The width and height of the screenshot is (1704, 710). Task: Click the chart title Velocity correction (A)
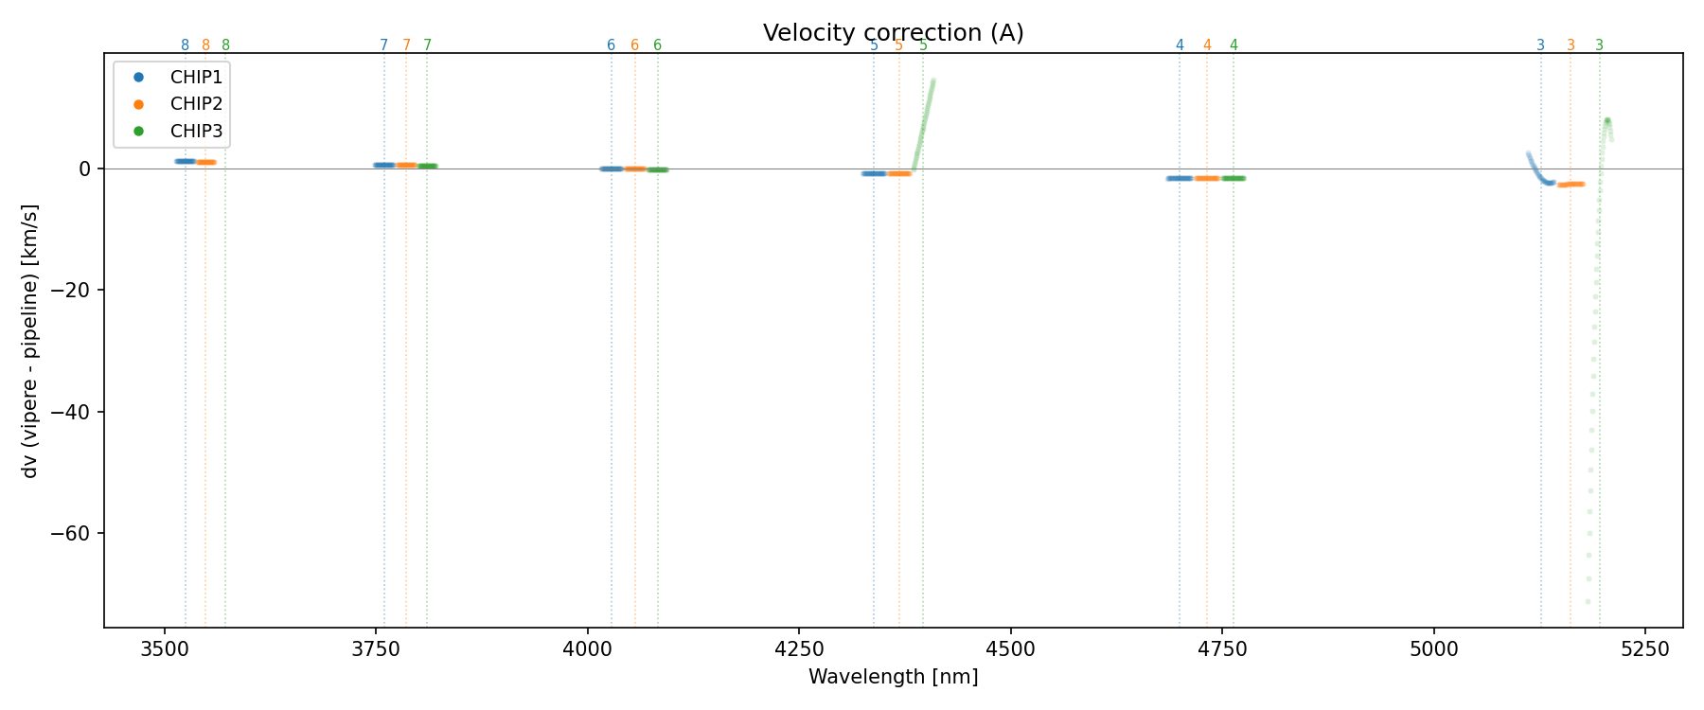pyautogui.click(x=893, y=33)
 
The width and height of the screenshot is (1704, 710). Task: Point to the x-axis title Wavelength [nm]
pyautogui.click(x=893, y=677)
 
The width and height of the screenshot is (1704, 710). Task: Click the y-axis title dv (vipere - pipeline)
pyautogui.click(x=30, y=341)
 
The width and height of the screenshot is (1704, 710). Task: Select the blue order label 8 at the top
pyautogui.click(x=185, y=45)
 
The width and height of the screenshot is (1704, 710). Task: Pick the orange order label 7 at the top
pyautogui.click(x=406, y=45)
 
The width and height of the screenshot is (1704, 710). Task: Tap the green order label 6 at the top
pyautogui.click(x=658, y=45)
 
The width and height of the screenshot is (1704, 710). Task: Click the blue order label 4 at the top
pyautogui.click(x=1180, y=45)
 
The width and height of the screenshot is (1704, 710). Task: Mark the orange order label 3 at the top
pyautogui.click(x=1571, y=45)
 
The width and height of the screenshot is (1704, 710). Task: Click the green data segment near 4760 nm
pyautogui.click(x=1233, y=178)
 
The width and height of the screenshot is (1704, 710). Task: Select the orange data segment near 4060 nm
pyautogui.click(x=634, y=169)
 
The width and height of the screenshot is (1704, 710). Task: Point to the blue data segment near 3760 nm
pyautogui.click(x=383, y=165)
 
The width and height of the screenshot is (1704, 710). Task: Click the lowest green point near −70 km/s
pyautogui.click(x=1588, y=602)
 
